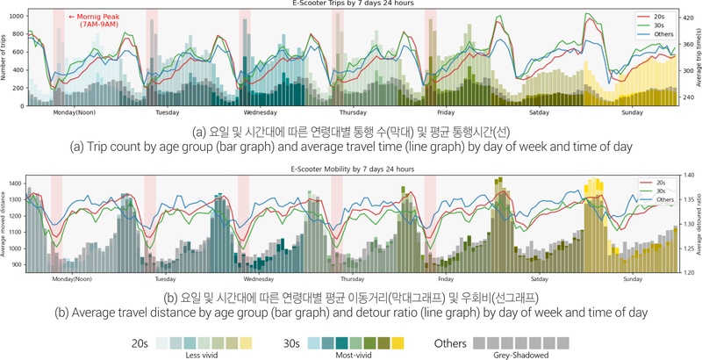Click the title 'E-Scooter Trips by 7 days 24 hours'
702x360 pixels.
(352, 4)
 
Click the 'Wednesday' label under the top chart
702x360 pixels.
(261, 112)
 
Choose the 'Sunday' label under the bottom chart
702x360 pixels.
(632, 277)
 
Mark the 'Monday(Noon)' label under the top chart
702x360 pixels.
(75, 112)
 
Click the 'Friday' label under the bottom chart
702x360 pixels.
(446, 277)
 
